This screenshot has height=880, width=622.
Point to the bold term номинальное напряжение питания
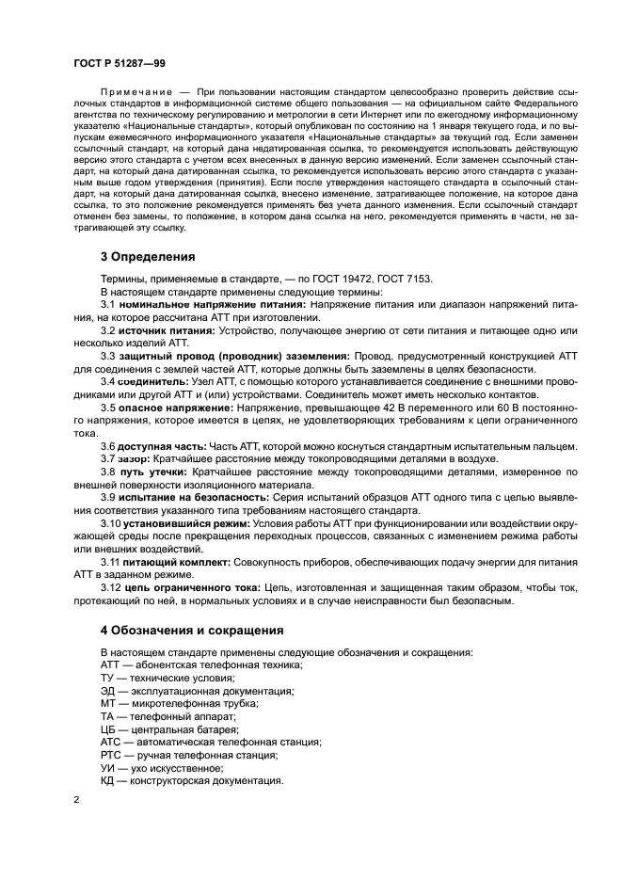click(185, 306)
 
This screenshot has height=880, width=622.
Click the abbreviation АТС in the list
click(110, 742)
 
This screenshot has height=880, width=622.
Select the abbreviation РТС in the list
click(110, 755)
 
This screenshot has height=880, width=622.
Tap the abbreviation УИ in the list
click(107, 767)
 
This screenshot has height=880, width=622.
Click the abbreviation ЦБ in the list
click(107, 728)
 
